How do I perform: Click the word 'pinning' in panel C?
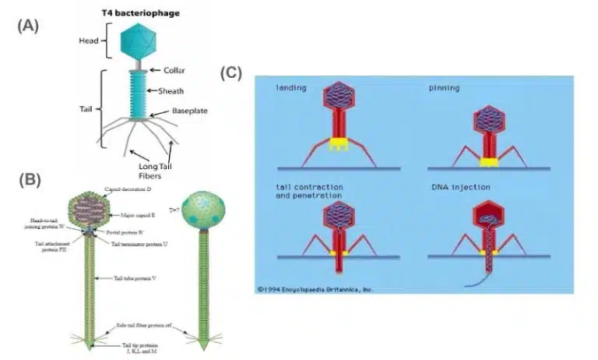(x=443, y=88)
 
